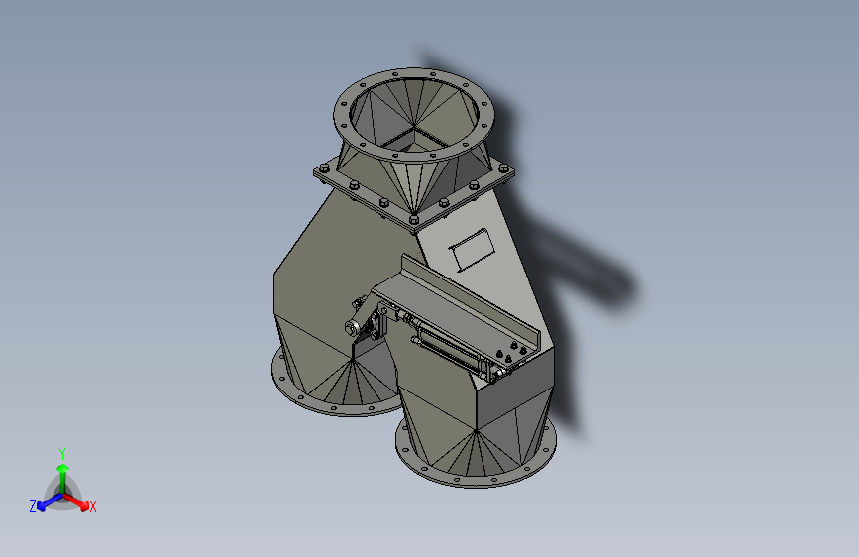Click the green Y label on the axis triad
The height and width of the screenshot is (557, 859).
(x=62, y=451)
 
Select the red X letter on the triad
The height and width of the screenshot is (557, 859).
(x=92, y=506)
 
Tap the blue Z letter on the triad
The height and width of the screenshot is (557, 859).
(x=33, y=505)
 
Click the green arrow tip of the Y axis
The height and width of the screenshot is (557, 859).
(x=62, y=467)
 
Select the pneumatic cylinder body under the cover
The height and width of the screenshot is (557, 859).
(x=451, y=347)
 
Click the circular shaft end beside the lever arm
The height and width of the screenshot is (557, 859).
(x=353, y=328)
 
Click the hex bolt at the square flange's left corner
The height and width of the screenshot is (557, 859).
(x=322, y=171)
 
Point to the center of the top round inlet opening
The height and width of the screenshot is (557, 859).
(x=415, y=119)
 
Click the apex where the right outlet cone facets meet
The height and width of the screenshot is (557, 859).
(x=476, y=430)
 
